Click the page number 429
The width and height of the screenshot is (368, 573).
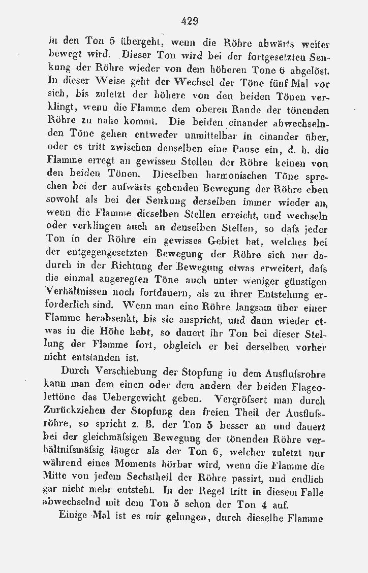[x=189, y=21]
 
